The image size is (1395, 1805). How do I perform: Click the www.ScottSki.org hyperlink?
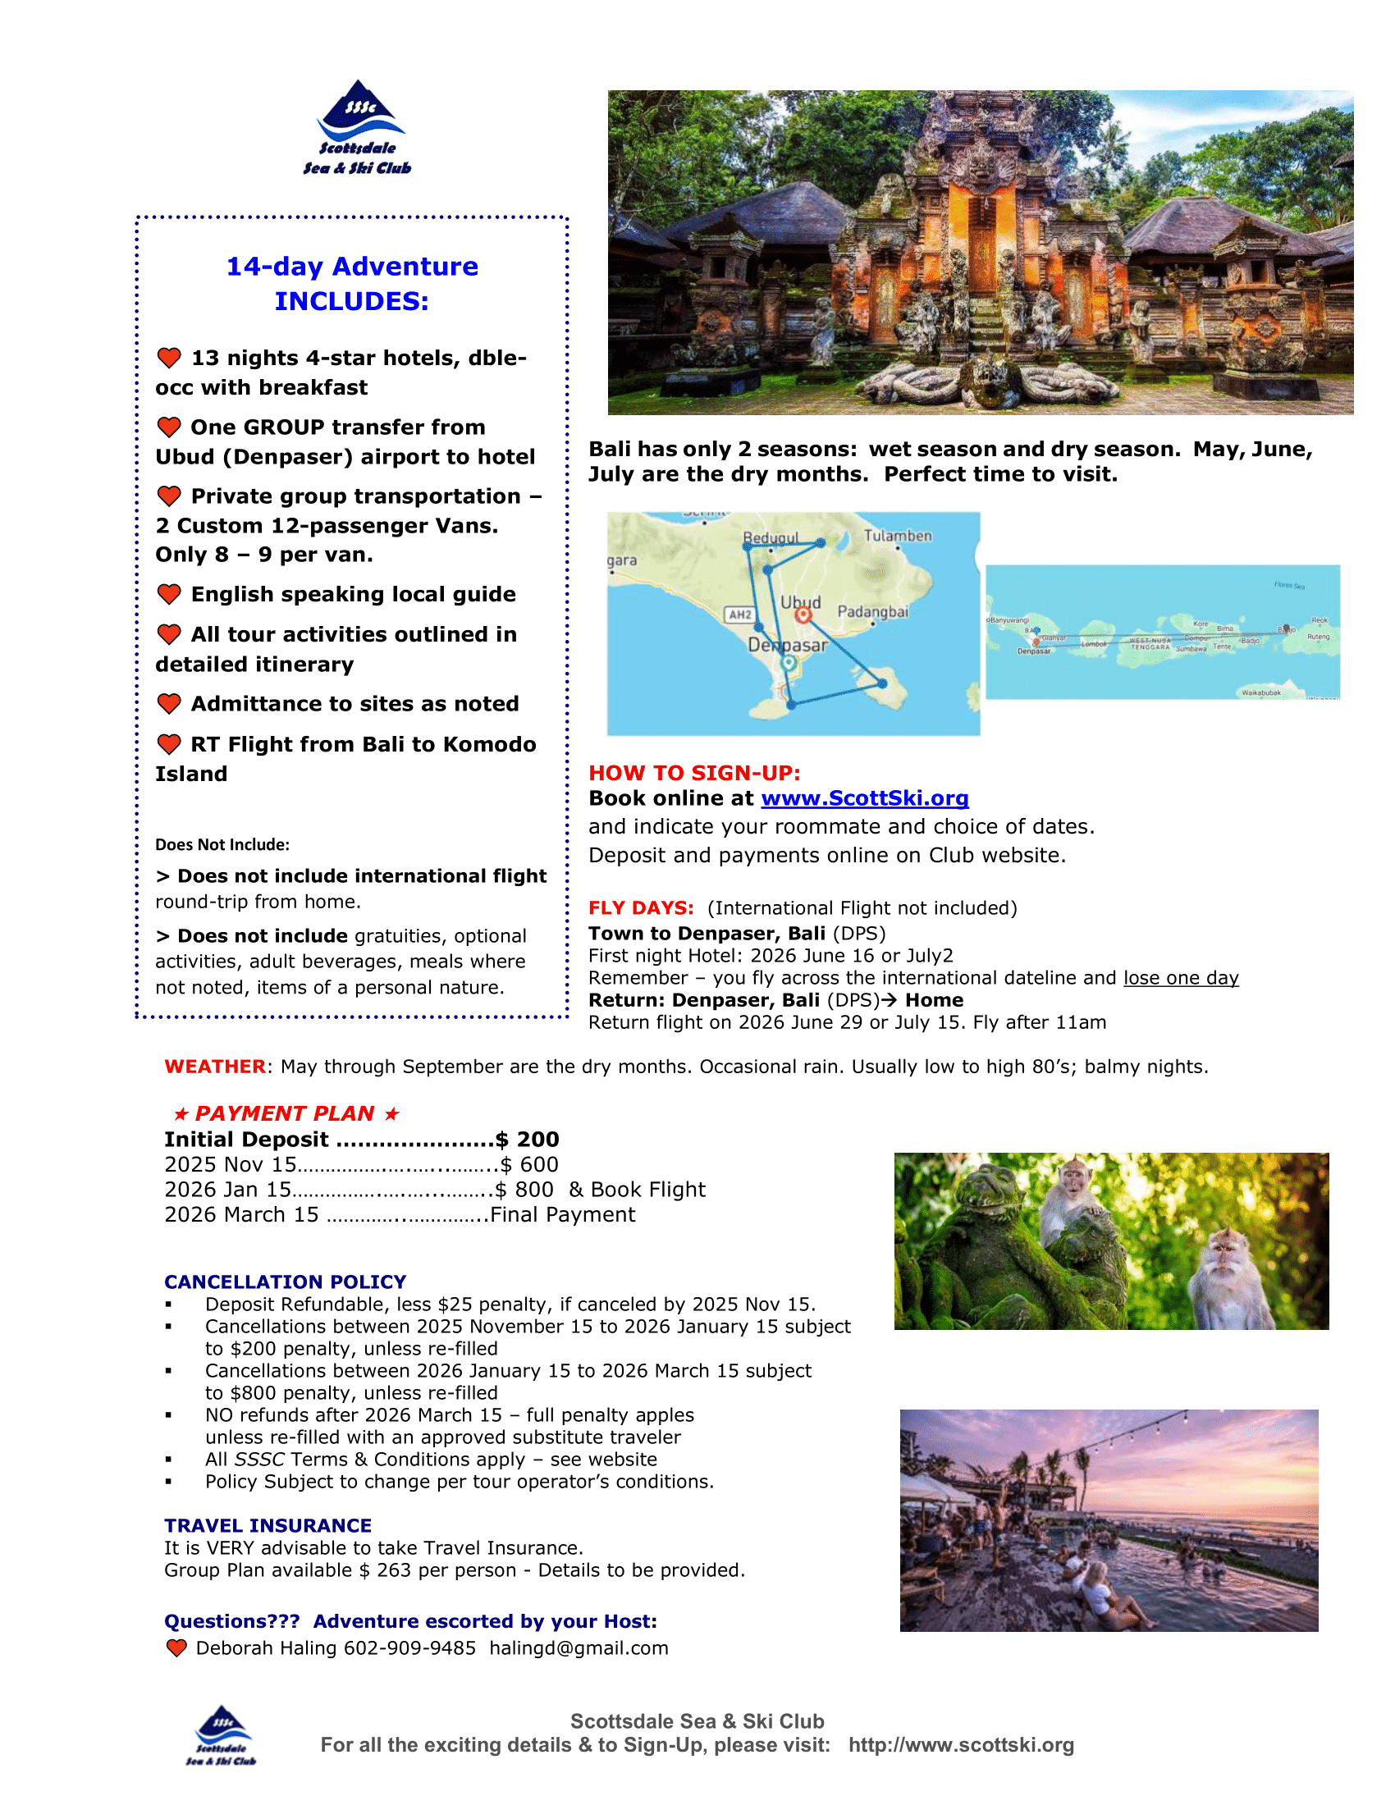click(x=864, y=798)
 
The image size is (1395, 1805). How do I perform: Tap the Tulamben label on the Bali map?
click(x=898, y=536)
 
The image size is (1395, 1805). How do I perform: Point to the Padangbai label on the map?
click(x=873, y=611)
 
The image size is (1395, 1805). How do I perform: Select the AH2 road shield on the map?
click(x=739, y=614)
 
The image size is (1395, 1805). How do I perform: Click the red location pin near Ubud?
click(x=803, y=615)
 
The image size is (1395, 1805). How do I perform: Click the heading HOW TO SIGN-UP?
click(x=694, y=773)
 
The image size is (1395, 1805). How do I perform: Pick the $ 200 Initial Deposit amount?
click(x=528, y=1140)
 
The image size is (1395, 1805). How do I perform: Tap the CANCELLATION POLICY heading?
click(x=285, y=1282)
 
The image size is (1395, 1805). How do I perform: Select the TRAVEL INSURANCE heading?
click(x=268, y=1526)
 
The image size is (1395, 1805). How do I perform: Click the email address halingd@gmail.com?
click(x=579, y=1648)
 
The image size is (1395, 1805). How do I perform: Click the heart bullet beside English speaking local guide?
click(x=169, y=594)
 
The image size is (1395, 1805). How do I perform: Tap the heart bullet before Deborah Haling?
click(x=177, y=1648)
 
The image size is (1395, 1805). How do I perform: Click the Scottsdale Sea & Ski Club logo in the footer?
click(x=222, y=1735)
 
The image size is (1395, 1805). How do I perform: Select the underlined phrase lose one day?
click(x=1180, y=978)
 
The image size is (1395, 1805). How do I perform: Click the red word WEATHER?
click(x=215, y=1067)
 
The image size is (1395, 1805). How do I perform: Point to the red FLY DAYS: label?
click(x=641, y=908)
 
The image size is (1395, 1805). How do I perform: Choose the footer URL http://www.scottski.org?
click(x=961, y=1744)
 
